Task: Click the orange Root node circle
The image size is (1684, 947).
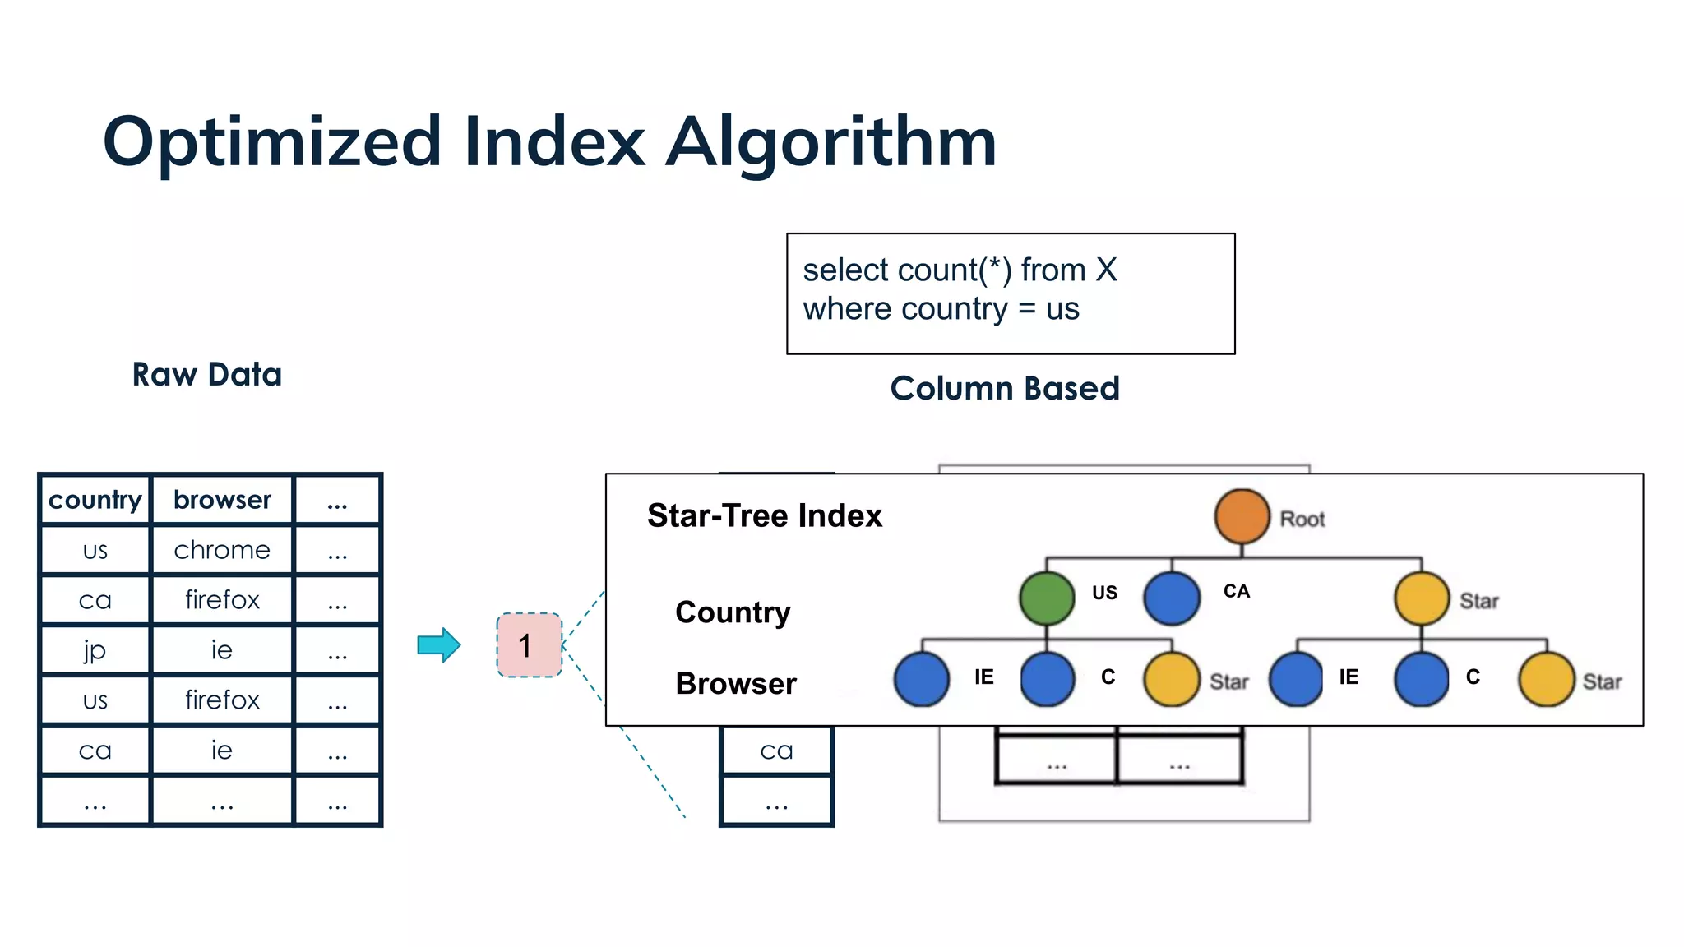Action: click(x=1242, y=516)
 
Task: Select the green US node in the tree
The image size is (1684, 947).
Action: click(x=1047, y=598)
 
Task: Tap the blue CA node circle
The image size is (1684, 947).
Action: click(x=1172, y=598)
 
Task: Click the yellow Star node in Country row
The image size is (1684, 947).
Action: click(x=1422, y=598)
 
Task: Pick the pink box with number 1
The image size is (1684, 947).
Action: click(x=529, y=645)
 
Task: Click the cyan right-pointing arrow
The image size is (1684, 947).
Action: click(x=439, y=645)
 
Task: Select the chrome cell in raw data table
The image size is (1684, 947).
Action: click(x=222, y=550)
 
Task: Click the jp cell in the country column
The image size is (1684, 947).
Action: click(x=95, y=650)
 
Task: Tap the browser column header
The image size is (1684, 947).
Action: click(x=222, y=500)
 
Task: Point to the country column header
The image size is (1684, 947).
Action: click(x=95, y=500)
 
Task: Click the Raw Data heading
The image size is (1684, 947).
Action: click(x=207, y=375)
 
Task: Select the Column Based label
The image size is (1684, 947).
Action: click(x=1005, y=388)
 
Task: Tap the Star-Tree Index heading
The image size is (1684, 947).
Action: click(x=764, y=515)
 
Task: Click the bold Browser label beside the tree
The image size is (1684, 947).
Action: click(x=736, y=684)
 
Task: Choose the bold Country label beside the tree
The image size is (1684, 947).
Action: click(x=733, y=612)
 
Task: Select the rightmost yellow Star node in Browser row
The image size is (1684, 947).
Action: click(x=1547, y=679)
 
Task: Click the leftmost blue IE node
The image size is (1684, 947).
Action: click(x=922, y=679)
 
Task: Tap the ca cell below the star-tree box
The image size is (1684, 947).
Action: click(x=776, y=751)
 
